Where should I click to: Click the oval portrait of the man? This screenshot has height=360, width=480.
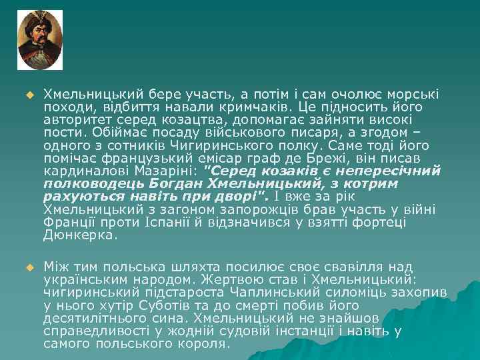(40, 40)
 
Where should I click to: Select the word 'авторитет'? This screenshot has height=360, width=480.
(74, 120)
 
